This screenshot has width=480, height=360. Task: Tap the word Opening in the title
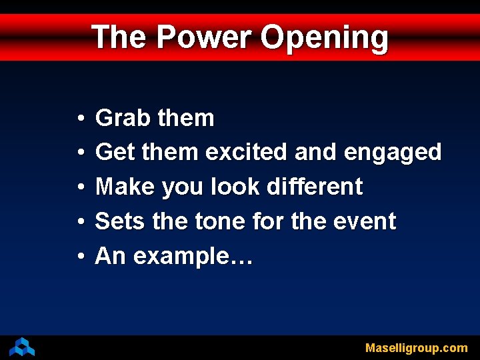click(324, 38)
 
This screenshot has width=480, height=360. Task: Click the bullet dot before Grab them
click(79, 119)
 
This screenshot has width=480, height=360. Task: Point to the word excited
click(247, 152)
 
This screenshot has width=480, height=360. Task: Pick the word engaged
click(393, 153)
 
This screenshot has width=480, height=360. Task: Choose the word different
click(314, 187)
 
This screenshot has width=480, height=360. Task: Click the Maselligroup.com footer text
click(416, 348)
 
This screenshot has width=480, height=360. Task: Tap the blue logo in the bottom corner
click(22, 347)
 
